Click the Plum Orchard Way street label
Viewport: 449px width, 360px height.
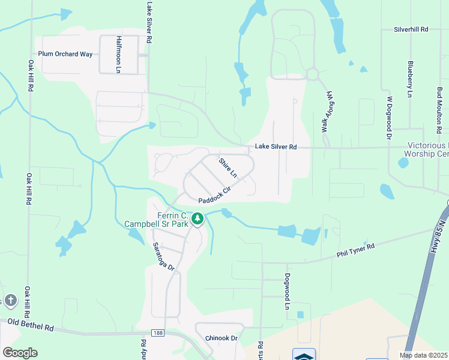(x=65, y=54)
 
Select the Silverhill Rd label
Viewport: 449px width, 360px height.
(x=411, y=29)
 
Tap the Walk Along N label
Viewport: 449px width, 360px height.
(x=327, y=112)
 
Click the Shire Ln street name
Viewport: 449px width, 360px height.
(x=228, y=167)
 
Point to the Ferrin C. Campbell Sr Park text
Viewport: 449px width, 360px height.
(x=156, y=220)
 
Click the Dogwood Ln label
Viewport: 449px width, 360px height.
(x=288, y=292)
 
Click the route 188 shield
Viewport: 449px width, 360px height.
(x=158, y=332)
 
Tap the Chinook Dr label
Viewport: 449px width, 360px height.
(x=221, y=338)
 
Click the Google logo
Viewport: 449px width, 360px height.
(x=20, y=352)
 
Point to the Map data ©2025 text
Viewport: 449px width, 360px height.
(x=423, y=355)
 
